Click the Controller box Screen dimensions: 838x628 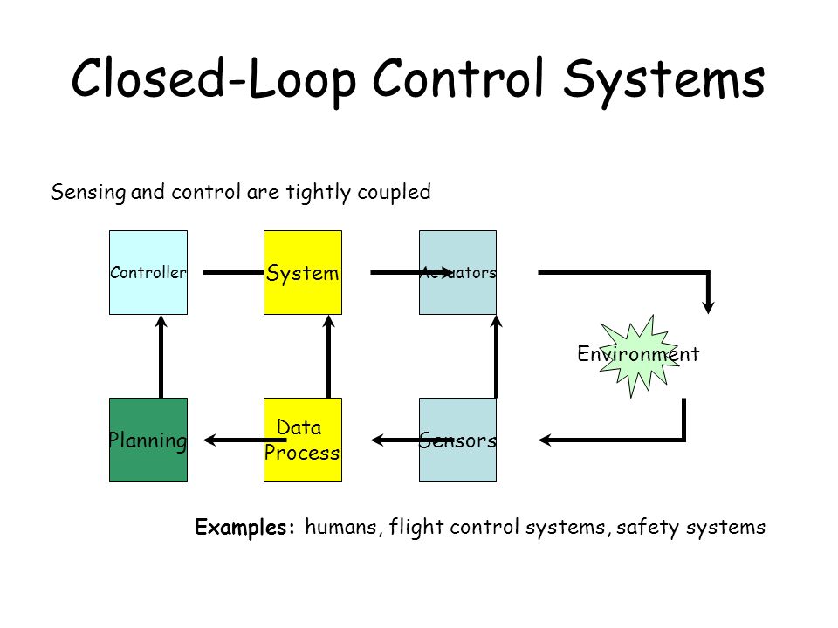click(148, 272)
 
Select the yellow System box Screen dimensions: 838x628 click(303, 272)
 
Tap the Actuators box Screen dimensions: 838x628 click(457, 272)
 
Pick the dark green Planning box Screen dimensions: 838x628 click(148, 440)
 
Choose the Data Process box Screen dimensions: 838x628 click(303, 440)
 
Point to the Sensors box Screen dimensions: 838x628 click(457, 440)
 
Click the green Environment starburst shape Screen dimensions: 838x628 click(639, 355)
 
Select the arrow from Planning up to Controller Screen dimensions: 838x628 click(161, 357)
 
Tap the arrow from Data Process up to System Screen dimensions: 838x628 click(329, 357)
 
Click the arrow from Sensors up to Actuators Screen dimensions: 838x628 click(497, 357)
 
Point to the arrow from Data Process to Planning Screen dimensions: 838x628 click(244, 440)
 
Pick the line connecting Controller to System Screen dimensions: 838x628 click(234, 272)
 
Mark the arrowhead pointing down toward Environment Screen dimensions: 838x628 click(709, 308)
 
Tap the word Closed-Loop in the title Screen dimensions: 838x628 click(213, 79)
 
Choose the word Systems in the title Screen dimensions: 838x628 click(664, 80)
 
